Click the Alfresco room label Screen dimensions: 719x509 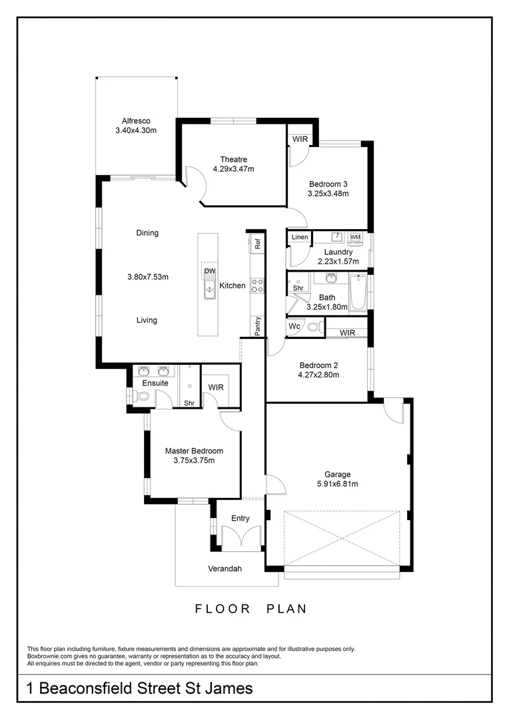coord(136,121)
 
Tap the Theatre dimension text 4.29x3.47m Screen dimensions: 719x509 coord(233,169)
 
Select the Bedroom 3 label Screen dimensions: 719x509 coord(328,184)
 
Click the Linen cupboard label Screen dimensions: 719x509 coord(300,238)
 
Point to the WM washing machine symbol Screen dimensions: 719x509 coord(354,237)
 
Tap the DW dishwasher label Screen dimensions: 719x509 coord(209,272)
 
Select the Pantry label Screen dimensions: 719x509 coord(257,326)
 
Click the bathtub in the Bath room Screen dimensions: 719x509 coord(358,293)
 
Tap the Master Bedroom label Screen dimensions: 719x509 coord(194,451)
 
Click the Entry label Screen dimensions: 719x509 coord(240,518)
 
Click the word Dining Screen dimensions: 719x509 coord(147,233)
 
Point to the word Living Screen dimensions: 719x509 coord(147,320)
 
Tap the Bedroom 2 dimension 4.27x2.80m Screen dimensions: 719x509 coord(319,375)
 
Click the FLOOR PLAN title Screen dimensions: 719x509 coord(251,608)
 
